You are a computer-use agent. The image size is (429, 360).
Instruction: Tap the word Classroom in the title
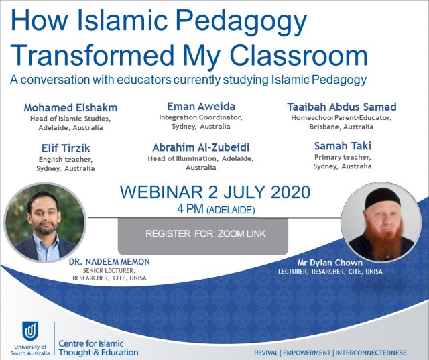[x=300, y=56]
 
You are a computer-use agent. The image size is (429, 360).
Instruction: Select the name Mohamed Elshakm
[x=70, y=107]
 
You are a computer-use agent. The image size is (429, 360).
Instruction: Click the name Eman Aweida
[x=201, y=106]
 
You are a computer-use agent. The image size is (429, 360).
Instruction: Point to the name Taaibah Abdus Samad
[x=342, y=107]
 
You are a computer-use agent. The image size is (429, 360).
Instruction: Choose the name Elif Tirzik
[x=66, y=148]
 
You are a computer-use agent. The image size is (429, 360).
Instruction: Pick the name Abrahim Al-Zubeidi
[x=201, y=147]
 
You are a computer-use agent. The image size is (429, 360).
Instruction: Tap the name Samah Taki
[x=343, y=146]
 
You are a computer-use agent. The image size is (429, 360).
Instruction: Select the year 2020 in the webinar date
[x=290, y=192]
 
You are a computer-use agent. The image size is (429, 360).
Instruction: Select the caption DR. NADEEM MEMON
[x=109, y=262]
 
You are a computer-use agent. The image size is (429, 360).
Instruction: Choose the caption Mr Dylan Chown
[x=330, y=263]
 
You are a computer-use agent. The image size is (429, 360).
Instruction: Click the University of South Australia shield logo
[x=29, y=331]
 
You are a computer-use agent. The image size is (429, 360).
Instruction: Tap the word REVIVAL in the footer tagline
[x=265, y=353]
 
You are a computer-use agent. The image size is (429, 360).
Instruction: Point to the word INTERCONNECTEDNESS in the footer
[x=371, y=353]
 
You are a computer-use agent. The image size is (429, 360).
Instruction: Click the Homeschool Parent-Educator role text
[x=341, y=117]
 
